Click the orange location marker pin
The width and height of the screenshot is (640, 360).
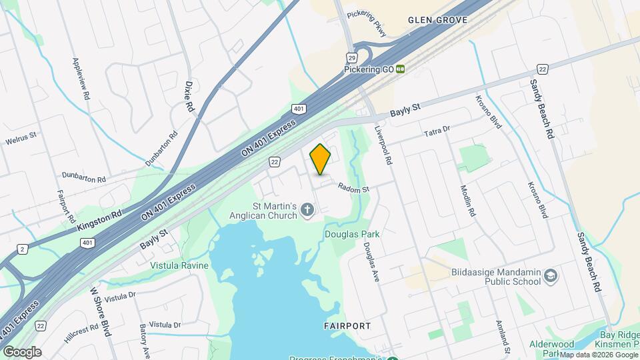(x=321, y=159)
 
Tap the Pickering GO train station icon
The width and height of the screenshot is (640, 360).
(x=400, y=69)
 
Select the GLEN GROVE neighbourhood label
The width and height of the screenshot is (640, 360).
(x=438, y=21)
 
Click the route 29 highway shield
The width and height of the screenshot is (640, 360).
(x=351, y=57)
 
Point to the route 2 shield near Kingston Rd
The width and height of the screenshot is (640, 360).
(x=23, y=249)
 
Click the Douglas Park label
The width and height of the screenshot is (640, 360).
(x=352, y=234)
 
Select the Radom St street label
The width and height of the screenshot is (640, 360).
(x=353, y=189)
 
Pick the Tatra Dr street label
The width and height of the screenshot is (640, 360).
(x=437, y=131)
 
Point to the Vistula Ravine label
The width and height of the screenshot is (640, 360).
(x=179, y=265)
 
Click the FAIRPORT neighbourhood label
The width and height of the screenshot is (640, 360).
(x=347, y=326)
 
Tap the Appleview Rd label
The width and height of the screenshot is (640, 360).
(x=80, y=78)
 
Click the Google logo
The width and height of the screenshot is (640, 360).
(x=22, y=351)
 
